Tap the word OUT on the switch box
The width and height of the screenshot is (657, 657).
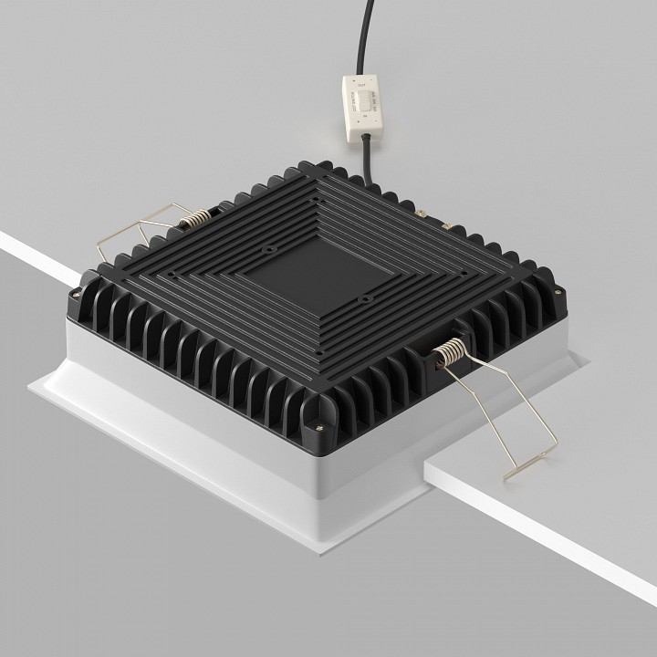pyautogui.click(x=362, y=85)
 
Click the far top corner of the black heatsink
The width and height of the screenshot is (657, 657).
pyautogui.click(x=318, y=163)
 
